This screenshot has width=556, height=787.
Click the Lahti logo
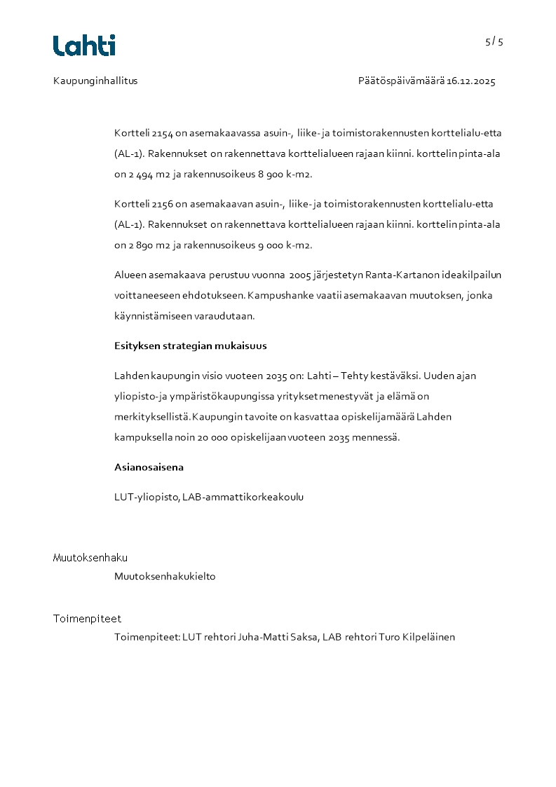(84, 46)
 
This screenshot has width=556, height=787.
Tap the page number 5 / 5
(494, 41)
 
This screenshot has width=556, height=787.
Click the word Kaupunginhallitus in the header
(95, 81)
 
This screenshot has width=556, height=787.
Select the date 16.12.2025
(471, 81)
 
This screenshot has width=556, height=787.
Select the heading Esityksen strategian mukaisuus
(190, 345)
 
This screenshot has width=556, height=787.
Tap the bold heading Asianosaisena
(149, 467)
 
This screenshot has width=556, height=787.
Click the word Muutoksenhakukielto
(165, 577)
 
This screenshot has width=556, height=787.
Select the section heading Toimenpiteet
(87, 619)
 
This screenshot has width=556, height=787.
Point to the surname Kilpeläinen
(428, 637)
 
